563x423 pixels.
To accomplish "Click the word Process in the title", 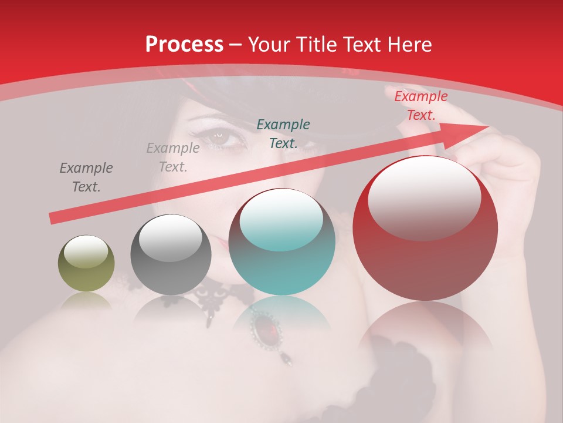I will [x=184, y=45].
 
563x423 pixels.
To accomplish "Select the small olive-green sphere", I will [x=86, y=263].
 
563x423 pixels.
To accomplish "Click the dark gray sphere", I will [x=171, y=255].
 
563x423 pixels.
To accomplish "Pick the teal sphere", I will [x=282, y=242].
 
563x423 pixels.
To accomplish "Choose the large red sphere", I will [x=425, y=229].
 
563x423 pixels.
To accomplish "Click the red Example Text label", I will [x=420, y=106].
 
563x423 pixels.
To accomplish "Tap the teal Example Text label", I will [x=283, y=133].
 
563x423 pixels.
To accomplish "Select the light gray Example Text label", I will [x=173, y=157].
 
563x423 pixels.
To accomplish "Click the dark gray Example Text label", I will [x=86, y=177].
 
